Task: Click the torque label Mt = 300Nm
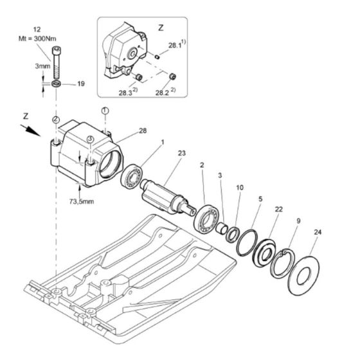point(37,39)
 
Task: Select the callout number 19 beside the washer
point(81,84)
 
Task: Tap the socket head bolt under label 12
point(56,63)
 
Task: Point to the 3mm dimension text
point(42,66)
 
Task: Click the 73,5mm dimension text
point(82,202)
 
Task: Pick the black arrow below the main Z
point(31,130)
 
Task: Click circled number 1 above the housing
point(105,111)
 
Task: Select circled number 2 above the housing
point(56,120)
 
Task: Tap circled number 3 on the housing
point(91,139)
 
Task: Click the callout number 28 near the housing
point(143,130)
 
